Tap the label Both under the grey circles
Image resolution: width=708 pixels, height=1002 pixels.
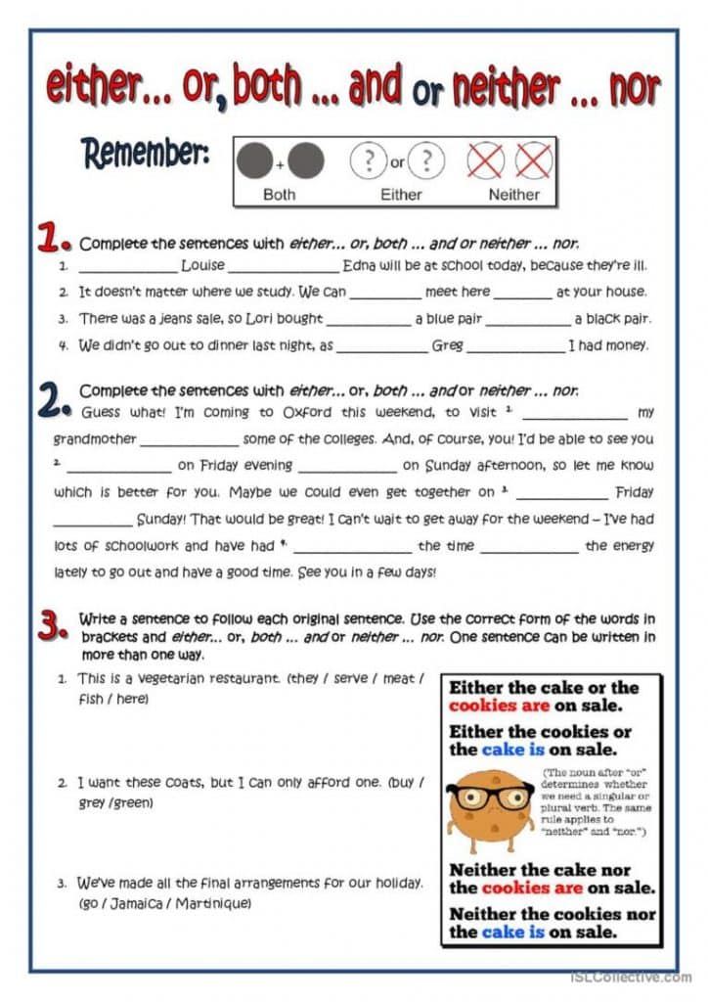tap(279, 194)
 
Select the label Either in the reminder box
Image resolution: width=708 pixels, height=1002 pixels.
tap(400, 194)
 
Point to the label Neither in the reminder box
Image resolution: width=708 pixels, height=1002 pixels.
tap(513, 194)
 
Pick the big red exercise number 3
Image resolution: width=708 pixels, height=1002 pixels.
tap(51, 626)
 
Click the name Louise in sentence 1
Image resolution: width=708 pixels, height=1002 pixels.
tap(202, 266)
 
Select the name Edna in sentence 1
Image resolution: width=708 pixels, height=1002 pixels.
tap(361, 266)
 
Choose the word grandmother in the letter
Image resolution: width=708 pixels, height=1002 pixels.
tap(95, 439)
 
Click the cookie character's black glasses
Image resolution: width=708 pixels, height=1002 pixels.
tap(490, 795)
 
